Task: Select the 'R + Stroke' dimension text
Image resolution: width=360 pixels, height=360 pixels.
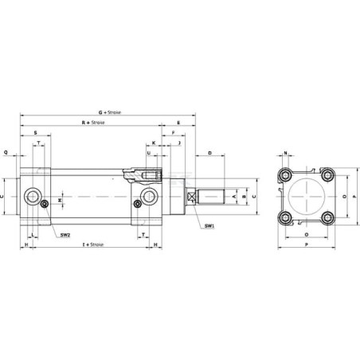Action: (93, 123)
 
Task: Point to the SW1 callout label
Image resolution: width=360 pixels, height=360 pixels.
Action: (208, 226)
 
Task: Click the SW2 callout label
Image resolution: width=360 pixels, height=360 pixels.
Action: (65, 234)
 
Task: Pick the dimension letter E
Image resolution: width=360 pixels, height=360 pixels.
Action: (178, 123)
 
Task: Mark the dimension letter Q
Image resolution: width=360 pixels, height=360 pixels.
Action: (6, 151)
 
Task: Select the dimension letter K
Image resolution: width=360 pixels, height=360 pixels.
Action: (153, 143)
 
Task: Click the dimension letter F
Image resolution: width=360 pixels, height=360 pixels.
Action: (173, 133)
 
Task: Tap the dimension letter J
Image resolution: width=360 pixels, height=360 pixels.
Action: (179, 143)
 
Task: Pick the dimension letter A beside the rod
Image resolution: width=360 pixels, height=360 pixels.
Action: (233, 194)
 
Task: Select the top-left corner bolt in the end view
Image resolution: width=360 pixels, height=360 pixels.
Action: (286, 174)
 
